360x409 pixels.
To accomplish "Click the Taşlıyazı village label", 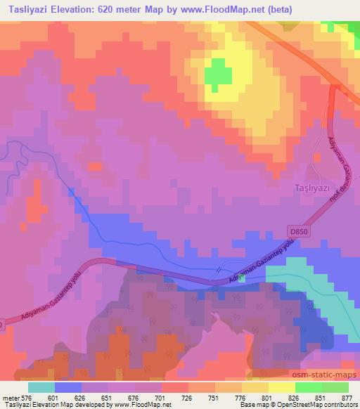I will [313, 188].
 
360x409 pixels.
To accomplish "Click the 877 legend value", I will [347, 398].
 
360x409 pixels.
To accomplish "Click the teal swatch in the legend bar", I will [41, 387].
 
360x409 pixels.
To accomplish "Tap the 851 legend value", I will [321, 398].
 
